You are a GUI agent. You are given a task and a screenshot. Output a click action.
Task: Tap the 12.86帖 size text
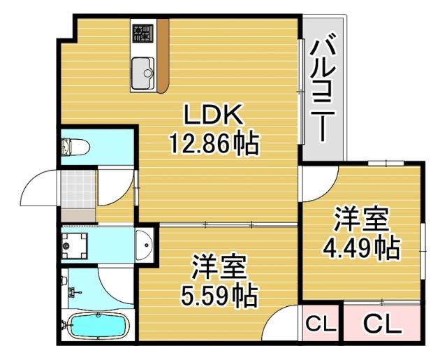click(x=213, y=145)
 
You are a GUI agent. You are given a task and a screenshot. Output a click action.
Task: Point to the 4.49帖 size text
click(x=360, y=247)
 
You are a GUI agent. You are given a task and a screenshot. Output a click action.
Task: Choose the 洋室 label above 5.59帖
click(x=219, y=267)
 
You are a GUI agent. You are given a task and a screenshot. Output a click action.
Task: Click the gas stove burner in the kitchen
click(x=143, y=32)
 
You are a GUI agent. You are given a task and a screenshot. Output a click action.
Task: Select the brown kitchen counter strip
click(x=163, y=56)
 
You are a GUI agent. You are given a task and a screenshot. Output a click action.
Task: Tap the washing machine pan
click(x=75, y=245)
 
